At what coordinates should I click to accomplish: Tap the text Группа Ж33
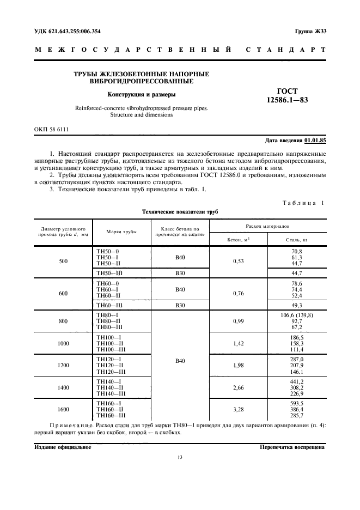coord(307,31)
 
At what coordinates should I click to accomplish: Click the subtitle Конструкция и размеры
coord(141,94)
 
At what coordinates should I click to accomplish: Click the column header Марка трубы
coord(121,232)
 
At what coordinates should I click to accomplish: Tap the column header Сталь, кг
coord(297,239)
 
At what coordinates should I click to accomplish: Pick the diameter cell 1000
coord(64,343)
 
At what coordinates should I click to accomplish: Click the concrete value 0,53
coord(238,261)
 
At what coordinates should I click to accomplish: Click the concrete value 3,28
coord(238,409)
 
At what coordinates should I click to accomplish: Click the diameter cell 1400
coord(64,387)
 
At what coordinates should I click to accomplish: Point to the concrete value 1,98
coord(238,365)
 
